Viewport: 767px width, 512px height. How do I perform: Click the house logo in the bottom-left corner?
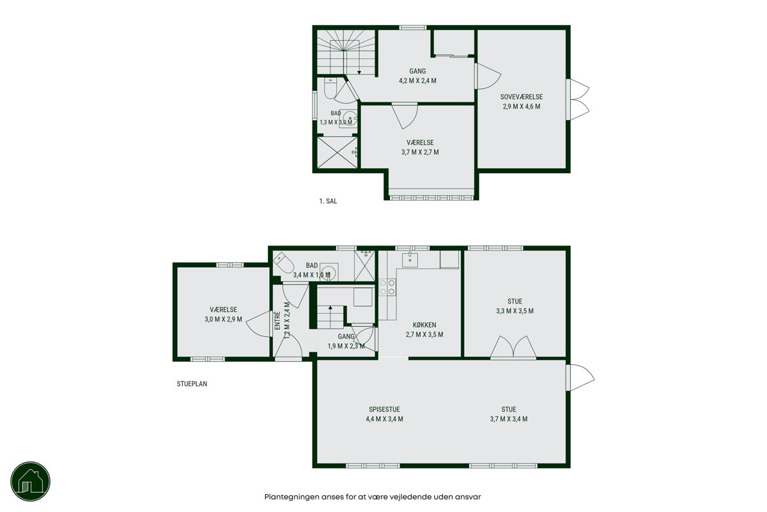click(31, 481)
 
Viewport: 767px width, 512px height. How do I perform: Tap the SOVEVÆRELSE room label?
click(522, 97)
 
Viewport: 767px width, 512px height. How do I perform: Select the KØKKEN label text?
click(424, 325)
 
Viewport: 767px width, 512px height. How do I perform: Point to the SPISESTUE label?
click(384, 409)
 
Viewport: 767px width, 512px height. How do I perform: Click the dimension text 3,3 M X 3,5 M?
click(515, 311)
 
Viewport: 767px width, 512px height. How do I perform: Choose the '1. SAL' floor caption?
click(328, 201)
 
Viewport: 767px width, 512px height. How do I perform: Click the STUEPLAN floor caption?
click(192, 384)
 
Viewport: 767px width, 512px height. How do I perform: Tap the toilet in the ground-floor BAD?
click(284, 263)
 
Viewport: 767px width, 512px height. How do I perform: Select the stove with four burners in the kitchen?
click(387, 287)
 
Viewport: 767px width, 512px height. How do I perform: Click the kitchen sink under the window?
click(410, 260)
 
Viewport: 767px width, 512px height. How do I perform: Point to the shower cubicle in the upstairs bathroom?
click(337, 152)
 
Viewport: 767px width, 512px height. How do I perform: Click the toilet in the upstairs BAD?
click(330, 88)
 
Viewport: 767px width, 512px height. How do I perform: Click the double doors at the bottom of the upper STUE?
click(513, 347)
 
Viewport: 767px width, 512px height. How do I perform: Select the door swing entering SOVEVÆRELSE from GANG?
click(488, 76)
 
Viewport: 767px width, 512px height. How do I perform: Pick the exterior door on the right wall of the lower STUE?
click(580, 377)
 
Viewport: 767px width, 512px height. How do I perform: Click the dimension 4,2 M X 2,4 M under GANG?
click(417, 81)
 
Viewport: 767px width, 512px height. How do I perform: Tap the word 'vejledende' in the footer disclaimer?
click(411, 497)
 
